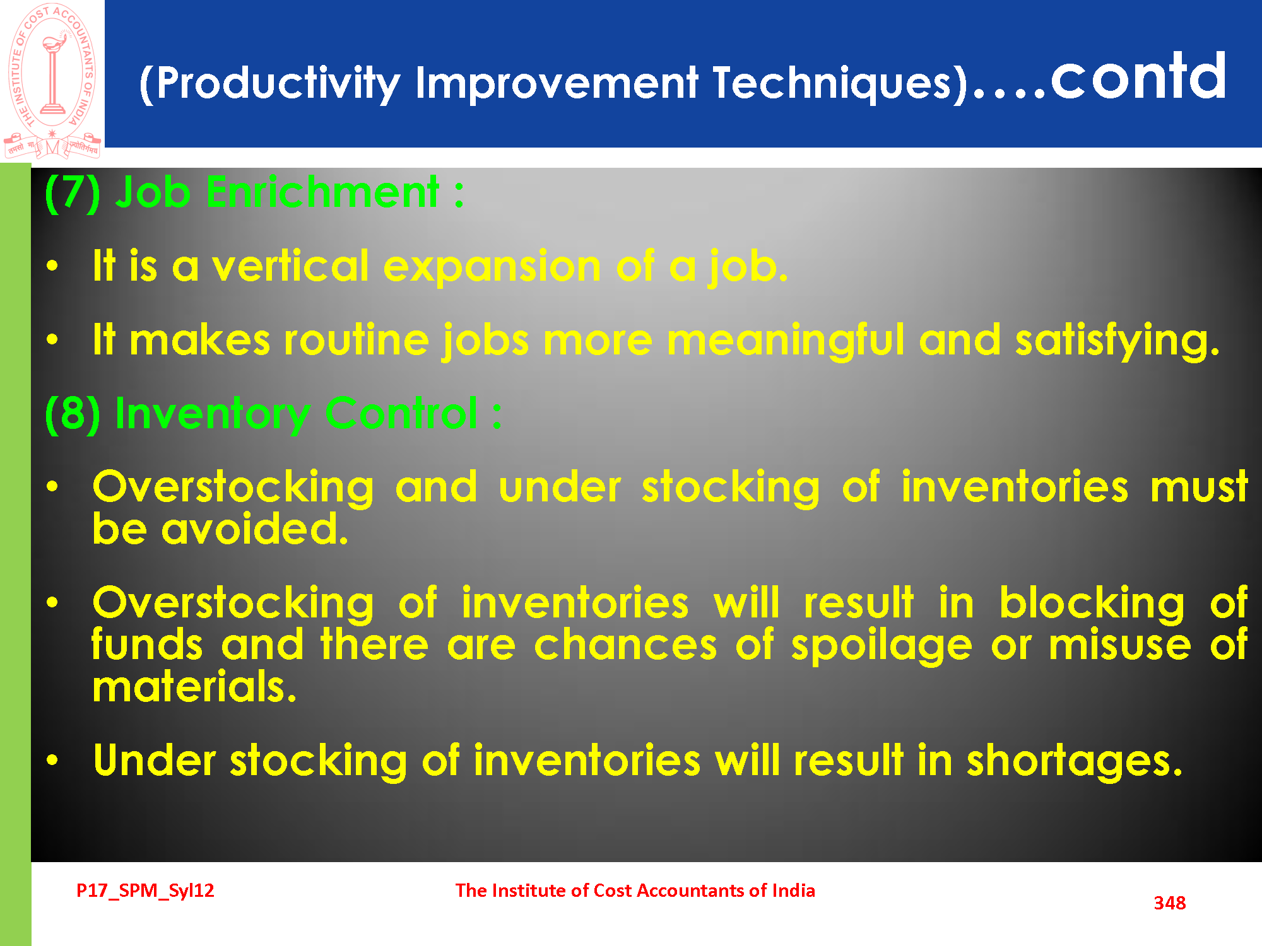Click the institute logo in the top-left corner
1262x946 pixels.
point(52,81)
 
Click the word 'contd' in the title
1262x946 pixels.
point(1138,77)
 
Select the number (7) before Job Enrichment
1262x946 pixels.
point(73,193)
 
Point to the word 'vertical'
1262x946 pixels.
point(290,266)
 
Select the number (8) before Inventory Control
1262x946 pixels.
point(73,414)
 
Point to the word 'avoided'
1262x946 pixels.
point(255,528)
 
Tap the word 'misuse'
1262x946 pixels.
point(1120,645)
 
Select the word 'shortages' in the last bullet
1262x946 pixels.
point(1075,761)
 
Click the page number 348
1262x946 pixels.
point(1170,903)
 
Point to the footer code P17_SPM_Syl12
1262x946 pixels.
point(145,891)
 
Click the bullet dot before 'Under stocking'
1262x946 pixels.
point(52,760)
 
